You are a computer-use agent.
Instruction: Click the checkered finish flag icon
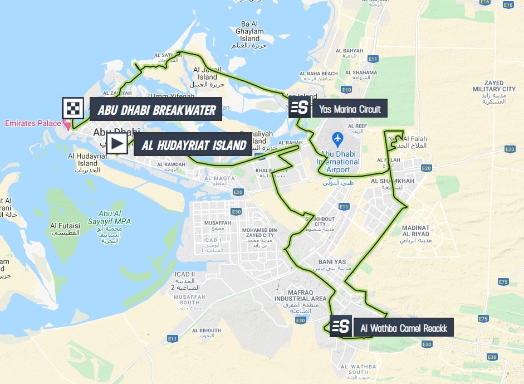(72, 109)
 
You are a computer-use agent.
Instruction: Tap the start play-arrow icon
(117, 144)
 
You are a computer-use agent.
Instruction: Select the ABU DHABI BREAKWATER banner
(156, 110)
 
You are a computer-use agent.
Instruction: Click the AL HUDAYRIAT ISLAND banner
(194, 145)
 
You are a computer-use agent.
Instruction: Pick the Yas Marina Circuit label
(350, 109)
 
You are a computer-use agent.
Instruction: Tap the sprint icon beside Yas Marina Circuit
(300, 107)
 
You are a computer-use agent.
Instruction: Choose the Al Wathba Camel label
(403, 327)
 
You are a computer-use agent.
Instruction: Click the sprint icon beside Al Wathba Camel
(341, 326)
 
